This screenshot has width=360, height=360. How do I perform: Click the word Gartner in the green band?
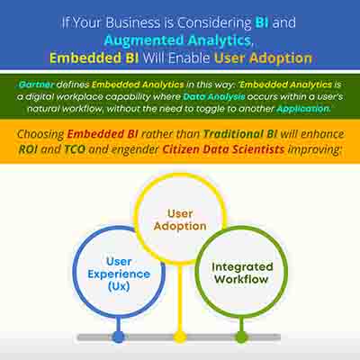[36, 85]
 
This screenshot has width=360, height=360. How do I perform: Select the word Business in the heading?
[133, 22]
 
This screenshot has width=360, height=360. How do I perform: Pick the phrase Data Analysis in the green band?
[214, 97]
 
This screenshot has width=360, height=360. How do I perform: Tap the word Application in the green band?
[303, 109]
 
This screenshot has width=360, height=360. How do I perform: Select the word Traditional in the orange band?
[233, 134]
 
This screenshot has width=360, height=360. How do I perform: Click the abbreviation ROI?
[28, 149]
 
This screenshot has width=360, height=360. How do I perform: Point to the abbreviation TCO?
[75, 149]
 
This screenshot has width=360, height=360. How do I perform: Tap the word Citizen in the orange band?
[181, 149]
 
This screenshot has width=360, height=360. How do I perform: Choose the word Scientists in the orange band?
[254, 149]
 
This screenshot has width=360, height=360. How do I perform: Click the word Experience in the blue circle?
[119, 274]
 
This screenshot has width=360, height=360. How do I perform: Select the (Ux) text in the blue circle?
[119, 286]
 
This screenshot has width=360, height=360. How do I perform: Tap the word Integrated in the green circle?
[242, 266]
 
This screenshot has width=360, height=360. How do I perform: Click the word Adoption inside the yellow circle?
[180, 226]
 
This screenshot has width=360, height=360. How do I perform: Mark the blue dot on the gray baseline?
[118, 337]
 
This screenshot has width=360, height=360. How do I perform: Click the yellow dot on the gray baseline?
[180, 337]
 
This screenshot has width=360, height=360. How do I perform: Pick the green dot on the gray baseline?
[241, 337]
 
